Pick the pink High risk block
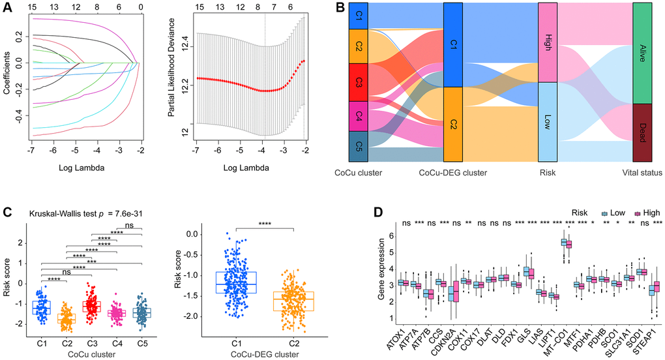tap(548, 42)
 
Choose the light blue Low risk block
tap(548, 121)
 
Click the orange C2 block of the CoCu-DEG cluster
tap(452, 124)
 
